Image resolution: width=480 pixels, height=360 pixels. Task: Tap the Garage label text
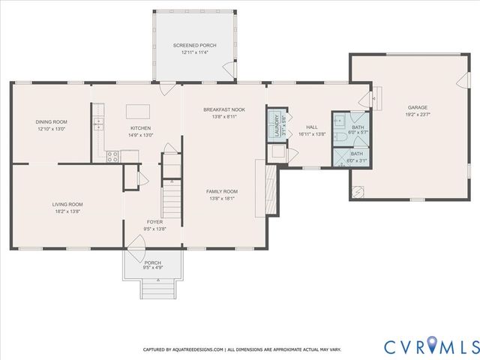coord(418,107)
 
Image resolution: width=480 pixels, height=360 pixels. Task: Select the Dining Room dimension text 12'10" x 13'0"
coord(51,129)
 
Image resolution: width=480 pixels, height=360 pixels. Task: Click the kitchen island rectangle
coord(137,111)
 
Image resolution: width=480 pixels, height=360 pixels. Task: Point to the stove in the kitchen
coord(112,157)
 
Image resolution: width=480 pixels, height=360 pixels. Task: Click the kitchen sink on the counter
coord(97,124)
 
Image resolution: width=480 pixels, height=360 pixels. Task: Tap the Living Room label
coord(67,204)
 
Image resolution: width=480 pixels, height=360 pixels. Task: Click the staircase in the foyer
coord(172,199)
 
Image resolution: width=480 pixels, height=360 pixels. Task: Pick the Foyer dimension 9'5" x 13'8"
coord(154,229)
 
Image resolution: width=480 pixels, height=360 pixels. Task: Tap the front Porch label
coord(153,262)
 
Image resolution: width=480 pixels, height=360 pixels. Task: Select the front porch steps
coord(156,288)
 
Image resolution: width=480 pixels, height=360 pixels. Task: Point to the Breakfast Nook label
coord(223,109)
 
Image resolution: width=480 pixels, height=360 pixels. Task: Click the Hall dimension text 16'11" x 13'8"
coord(312,134)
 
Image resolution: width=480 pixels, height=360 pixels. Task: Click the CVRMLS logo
coord(431,346)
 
